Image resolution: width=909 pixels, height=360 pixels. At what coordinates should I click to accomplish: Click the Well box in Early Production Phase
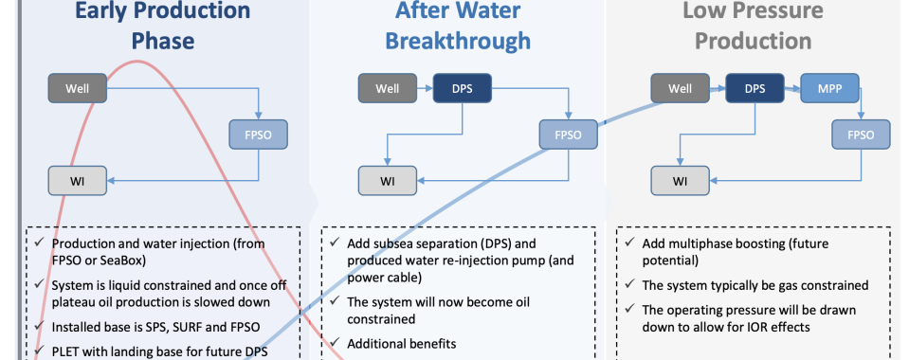77,90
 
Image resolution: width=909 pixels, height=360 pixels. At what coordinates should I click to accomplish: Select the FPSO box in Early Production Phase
258,135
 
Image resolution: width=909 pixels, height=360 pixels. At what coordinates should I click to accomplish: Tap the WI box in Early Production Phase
77,179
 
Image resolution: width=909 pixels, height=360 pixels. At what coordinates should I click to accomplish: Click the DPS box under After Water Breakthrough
462,90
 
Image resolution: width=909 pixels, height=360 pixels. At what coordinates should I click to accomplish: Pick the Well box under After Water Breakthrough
386,90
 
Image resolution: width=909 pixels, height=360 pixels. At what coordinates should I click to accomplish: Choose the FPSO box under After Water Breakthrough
568,135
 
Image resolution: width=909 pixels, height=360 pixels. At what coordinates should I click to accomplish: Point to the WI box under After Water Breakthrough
386,179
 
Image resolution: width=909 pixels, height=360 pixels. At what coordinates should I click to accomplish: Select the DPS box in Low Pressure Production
754,90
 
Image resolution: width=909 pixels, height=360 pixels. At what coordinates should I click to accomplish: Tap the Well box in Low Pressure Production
680,90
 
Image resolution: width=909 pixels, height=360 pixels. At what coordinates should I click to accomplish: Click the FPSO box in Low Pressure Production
861,135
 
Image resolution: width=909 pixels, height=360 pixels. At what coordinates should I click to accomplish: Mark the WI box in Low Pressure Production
680,179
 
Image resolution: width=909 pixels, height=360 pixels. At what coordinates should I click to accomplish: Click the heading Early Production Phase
162,27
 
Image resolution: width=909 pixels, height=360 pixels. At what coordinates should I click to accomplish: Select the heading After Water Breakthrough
457,27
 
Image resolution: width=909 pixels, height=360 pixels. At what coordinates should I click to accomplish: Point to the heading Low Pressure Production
753,27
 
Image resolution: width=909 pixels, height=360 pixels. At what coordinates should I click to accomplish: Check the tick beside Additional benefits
336,344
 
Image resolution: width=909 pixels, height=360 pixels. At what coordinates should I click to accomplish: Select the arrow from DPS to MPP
791,90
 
